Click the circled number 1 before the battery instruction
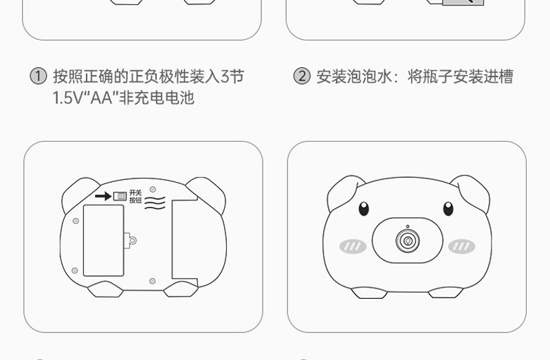pos(38,76)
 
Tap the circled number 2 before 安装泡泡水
pos(302,76)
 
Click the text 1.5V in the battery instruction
pos(67,98)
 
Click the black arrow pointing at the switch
pos(102,196)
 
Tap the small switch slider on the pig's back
pos(120,196)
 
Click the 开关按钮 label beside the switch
pos(135,196)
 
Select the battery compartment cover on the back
pos(103,240)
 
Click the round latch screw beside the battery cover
pos(132,240)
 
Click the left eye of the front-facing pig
pos(364,208)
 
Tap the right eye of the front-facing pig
pos(448,208)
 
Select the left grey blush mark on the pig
pos(353,246)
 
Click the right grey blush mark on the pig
pos(461,246)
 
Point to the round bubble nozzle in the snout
pos(407,240)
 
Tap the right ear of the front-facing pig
pos(472,192)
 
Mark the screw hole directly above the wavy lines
pos(153,188)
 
